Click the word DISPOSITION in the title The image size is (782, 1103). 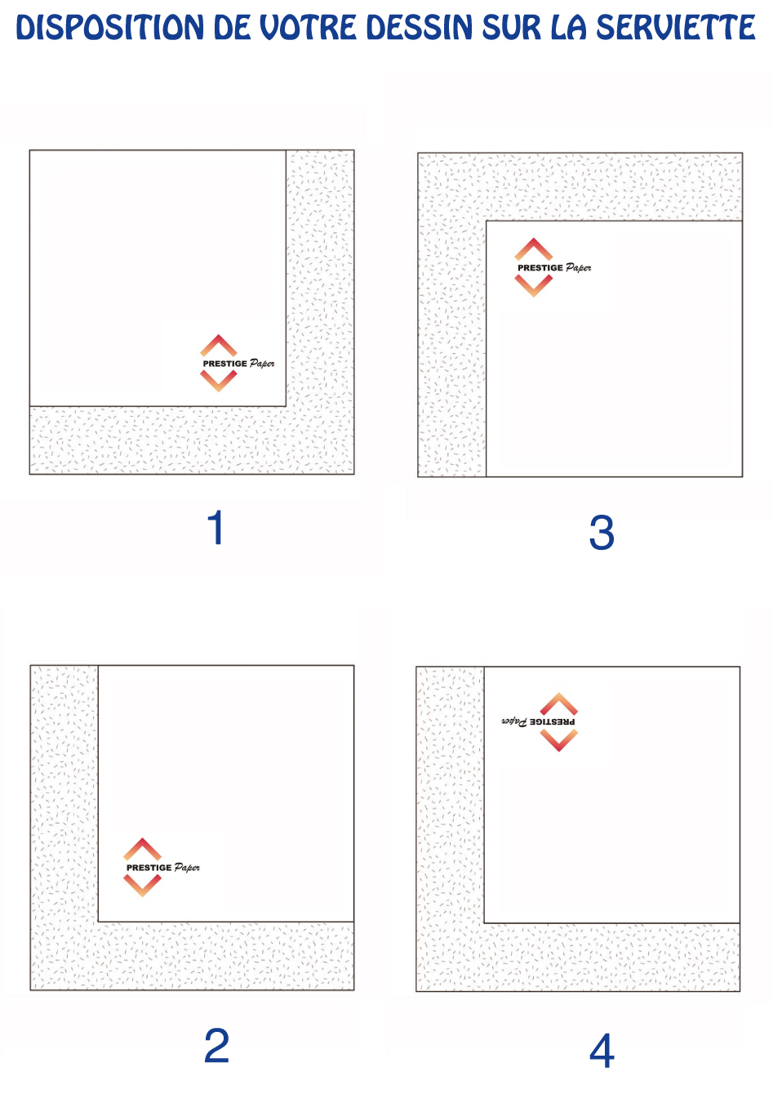pyautogui.click(x=110, y=27)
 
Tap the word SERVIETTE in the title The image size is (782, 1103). pyautogui.click(x=676, y=27)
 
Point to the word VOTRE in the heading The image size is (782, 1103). pyautogui.click(x=308, y=27)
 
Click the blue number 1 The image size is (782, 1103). pyautogui.click(x=216, y=527)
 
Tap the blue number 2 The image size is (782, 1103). pyautogui.click(x=216, y=1045)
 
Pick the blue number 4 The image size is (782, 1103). pyautogui.click(x=602, y=1051)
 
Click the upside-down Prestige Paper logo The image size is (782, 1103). pyautogui.click(x=539, y=722)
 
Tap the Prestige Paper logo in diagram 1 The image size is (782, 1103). pyautogui.click(x=237, y=364)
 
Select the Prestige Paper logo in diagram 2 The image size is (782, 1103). pyautogui.click(x=162, y=867)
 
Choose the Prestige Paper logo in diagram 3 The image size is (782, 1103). pyautogui.click(x=553, y=267)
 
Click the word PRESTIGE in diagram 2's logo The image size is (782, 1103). pyautogui.click(x=149, y=868)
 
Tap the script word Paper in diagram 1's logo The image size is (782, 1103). pyautogui.click(x=262, y=364)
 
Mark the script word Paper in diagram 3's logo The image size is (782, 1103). pyautogui.click(x=579, y=267)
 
